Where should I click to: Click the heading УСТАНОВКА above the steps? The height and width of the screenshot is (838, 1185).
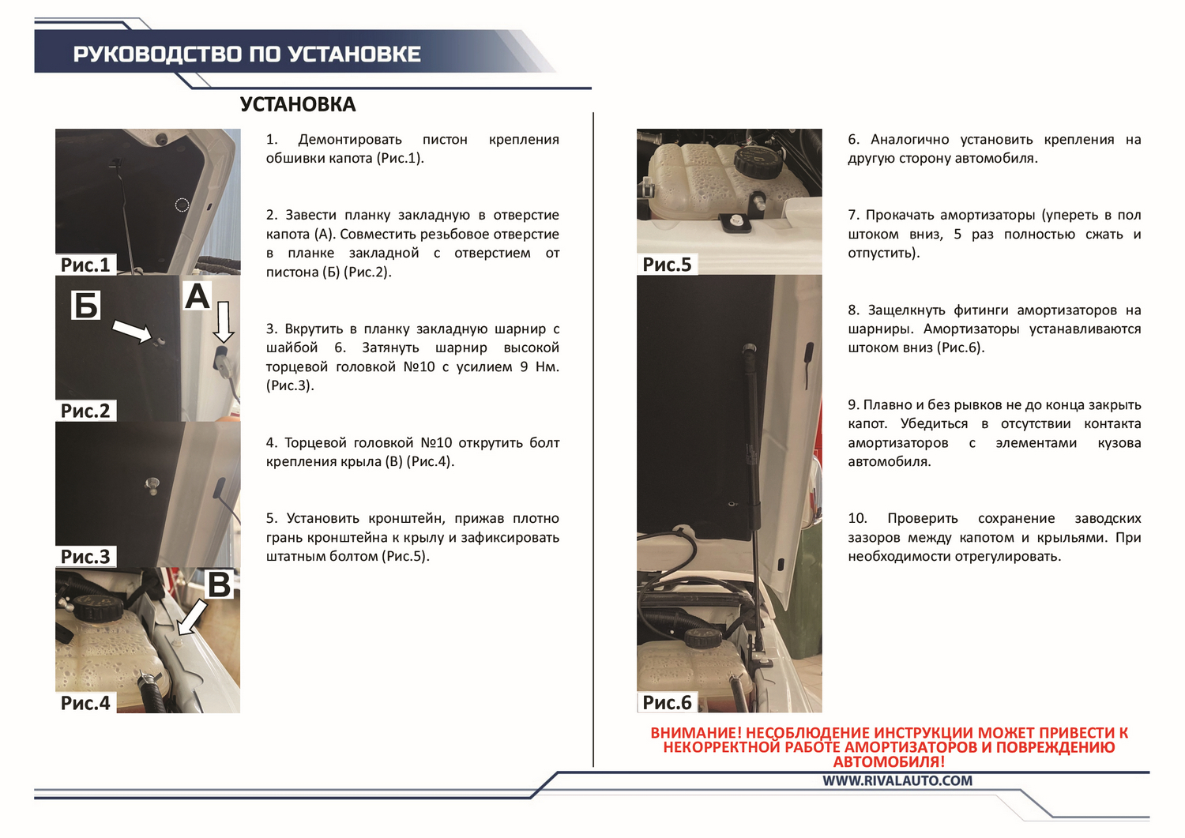click(x=298, y=104)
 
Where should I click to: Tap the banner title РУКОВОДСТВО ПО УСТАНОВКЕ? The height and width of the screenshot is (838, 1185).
click(x=247, y=54)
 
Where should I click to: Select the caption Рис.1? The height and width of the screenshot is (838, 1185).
click(x=85, y=265)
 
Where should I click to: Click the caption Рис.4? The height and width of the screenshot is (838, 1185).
click(x=85, y=703)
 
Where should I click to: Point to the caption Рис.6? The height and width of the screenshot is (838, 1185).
click(x=667, y=703)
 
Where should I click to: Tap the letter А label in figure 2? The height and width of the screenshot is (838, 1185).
click(x=197, y=296)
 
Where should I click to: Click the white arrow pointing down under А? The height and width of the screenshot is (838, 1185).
click(x=224, y=322)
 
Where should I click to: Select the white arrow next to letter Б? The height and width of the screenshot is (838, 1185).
click(x=133, y=332)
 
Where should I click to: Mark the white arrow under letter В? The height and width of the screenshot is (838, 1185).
click(x=192, y=617)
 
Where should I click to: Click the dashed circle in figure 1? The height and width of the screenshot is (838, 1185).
click(x=182, y=205)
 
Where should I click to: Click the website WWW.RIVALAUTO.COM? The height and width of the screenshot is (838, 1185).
click(x=897, y=781)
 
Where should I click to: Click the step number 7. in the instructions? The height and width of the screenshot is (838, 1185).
click(x=853, y=216)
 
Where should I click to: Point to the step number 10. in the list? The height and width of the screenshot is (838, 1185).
click(x=857, y=518)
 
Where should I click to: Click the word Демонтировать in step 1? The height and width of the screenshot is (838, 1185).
click(x=350, y=140)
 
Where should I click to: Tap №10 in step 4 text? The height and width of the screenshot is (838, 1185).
click(x=436, y=443)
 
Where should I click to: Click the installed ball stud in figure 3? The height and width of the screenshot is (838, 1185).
click(x=152, y=485)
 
